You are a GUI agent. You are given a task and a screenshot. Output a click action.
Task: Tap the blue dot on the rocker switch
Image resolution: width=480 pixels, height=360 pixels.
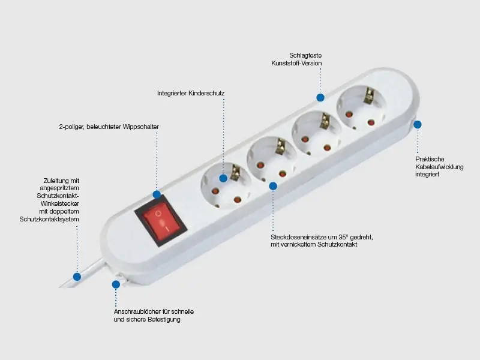coord(157,194)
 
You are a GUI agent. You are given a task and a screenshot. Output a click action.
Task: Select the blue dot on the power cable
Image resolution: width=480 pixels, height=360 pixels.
coord(77,277)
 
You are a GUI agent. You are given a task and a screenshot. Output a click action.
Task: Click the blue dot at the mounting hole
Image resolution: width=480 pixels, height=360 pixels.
coord(116,284)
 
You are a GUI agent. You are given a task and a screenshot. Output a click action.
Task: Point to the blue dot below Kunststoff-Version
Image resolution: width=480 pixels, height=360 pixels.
coord(320,97)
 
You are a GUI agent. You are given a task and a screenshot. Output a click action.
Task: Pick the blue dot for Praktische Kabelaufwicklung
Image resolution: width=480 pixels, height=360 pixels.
coord(417,124)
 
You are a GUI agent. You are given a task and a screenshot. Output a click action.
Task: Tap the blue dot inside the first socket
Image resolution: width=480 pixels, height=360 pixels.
coord(223,178)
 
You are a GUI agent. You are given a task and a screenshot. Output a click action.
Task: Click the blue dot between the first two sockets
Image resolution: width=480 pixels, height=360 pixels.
coord(273,186)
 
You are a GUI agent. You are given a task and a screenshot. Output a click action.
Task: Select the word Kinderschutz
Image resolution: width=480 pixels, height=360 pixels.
coord(206,94)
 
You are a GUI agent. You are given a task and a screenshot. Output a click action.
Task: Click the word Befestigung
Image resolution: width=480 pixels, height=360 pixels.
coord(164,320)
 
